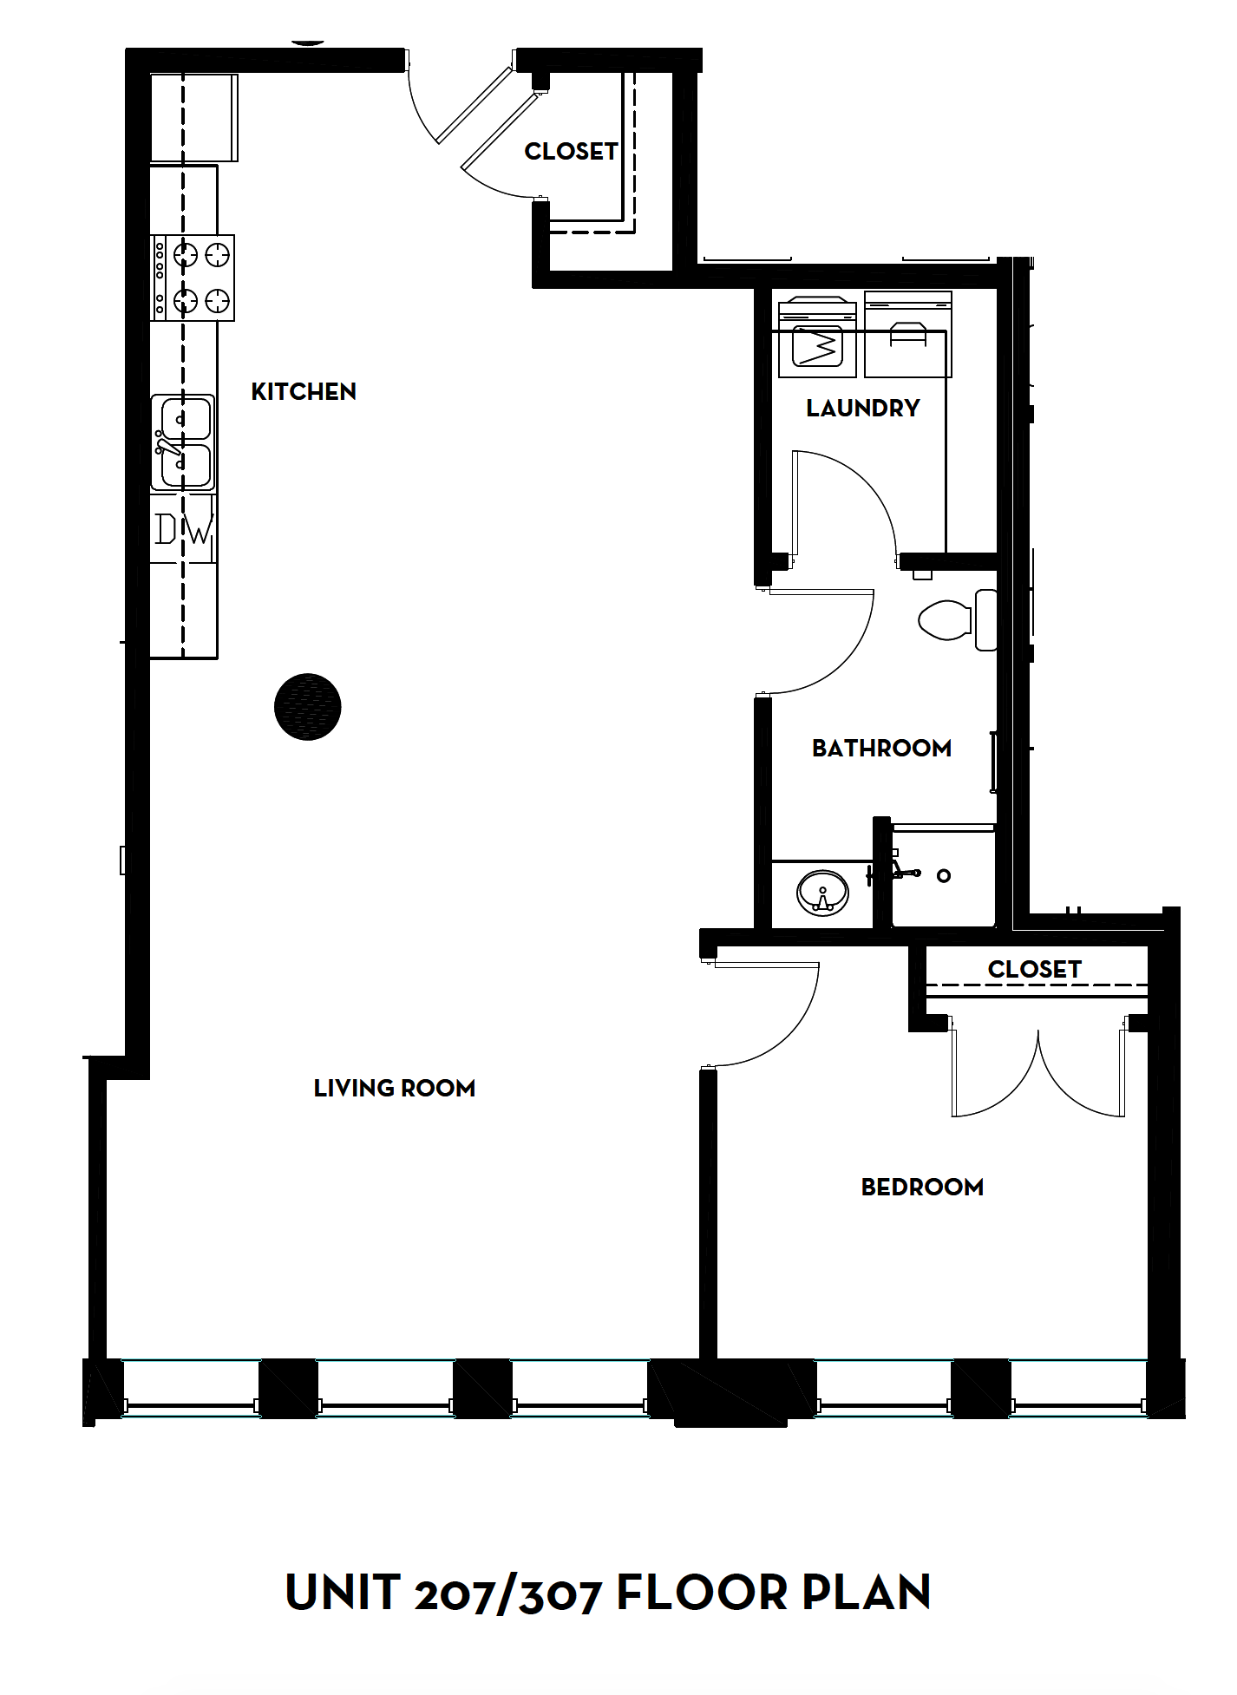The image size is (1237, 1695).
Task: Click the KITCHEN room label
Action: (304, 392)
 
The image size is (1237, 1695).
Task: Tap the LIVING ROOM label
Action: (394, 1088)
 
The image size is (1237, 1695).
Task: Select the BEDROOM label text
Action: (922, 1187)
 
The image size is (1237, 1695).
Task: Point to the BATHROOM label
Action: (881, 748)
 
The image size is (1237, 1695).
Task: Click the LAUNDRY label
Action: (862, 408)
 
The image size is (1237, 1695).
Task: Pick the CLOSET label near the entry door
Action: (571, 152)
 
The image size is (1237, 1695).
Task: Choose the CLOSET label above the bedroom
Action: (1034, 969)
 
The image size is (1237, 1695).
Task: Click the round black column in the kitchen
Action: (308, 707)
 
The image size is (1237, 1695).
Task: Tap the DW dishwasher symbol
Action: (184, 529)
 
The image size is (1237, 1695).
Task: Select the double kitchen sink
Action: (182, 442)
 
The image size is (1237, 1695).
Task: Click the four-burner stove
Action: (193, 278)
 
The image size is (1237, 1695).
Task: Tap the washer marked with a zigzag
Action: (817, 340)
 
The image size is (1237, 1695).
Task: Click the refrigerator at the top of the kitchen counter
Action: (193, 118)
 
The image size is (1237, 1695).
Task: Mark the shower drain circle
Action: (944, 876)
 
